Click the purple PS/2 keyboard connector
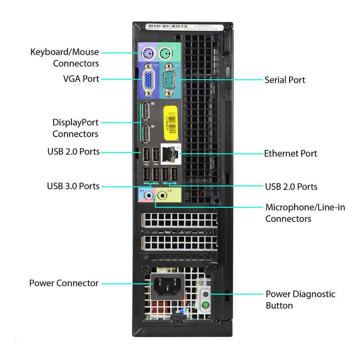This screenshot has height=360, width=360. pos(148,54)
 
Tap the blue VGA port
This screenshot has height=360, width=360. pos(148,81)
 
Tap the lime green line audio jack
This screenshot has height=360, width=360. pos(162,194)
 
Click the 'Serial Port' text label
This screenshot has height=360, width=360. pos(285,80)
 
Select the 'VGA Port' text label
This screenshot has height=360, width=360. pos(81,79)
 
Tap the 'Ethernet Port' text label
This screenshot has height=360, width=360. pos(290,153)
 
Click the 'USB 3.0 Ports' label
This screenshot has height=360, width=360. pos(73,186)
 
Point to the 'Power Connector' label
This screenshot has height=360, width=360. pos(64,283)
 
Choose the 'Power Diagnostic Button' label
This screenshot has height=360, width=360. pos(300,300)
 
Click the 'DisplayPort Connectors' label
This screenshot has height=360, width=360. pos(75,128)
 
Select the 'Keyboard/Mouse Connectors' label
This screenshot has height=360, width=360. pos(65,58)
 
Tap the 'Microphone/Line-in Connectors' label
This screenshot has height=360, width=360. pos(305,213)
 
